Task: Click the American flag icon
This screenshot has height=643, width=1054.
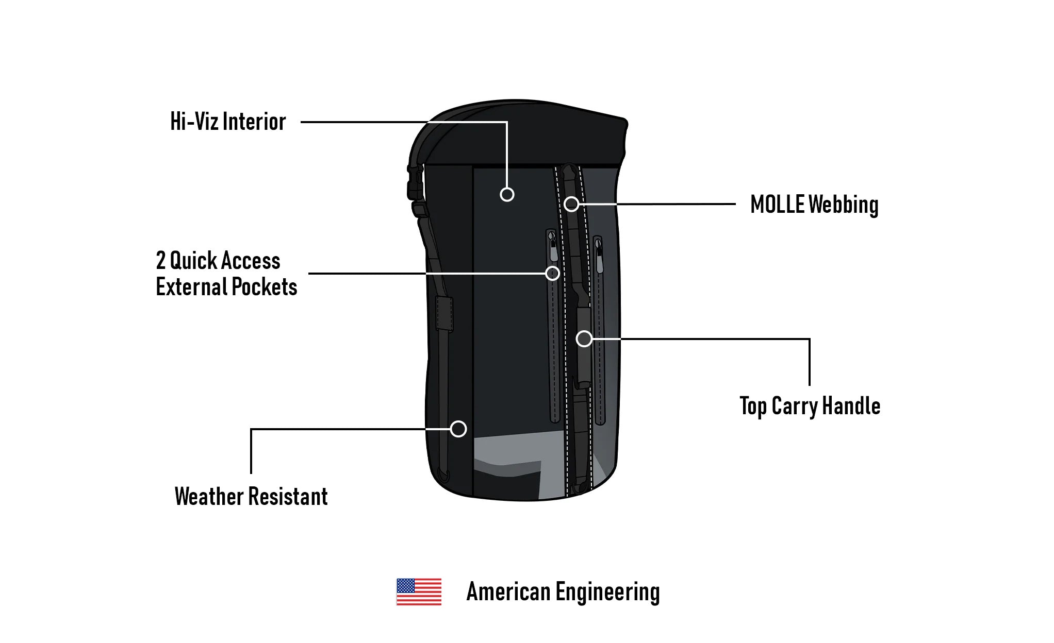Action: coord(419,591)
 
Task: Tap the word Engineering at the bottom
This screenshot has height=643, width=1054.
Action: coord(607,593)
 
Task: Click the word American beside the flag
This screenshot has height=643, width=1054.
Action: coord(508,591)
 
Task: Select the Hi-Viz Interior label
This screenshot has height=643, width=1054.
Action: coord(228,122)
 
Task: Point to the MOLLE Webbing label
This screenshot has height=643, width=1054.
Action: coord(814,205)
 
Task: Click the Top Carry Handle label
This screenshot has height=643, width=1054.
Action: coord(810,406)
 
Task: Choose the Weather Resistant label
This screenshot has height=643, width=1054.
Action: coord(251,497)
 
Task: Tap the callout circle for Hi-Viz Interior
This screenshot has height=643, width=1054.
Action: coord(507,194)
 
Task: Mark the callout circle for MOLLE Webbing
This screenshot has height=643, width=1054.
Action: coord(571,204)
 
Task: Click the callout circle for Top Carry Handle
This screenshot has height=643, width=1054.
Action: coord(584,339)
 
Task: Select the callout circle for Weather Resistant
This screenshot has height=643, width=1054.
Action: coord(458,429)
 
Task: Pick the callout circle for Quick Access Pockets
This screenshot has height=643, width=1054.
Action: coord(552,273)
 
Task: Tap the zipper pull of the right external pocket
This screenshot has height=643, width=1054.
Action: coord(599,260)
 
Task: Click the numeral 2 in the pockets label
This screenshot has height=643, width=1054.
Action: coord(161,261)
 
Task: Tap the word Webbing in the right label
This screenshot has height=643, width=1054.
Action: coord(843,205)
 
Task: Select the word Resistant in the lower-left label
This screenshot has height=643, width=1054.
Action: coord(288,497)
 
